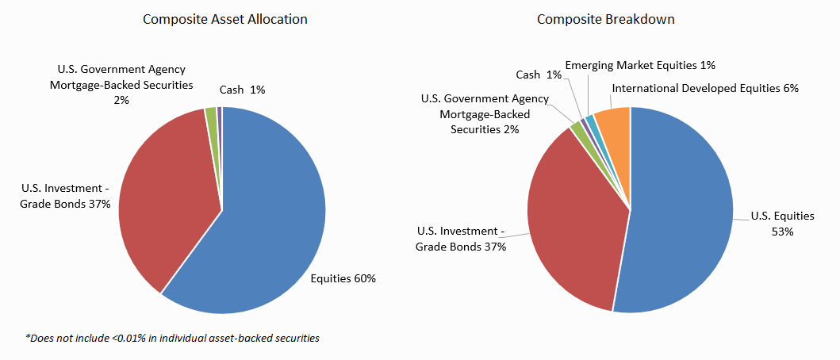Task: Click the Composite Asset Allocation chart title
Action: click(x=225, y=19)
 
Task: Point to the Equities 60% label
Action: click(x=343, y=278)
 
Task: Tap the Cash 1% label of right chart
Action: click(x=539, y=75)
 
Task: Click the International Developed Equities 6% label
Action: click(x=705, y=88)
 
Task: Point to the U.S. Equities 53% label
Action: click(x=782, y=223)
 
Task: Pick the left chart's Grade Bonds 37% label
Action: click(x=67, y=197)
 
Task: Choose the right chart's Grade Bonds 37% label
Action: click(x=461, y=238)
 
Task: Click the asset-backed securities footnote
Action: click(x=172, y=338)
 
